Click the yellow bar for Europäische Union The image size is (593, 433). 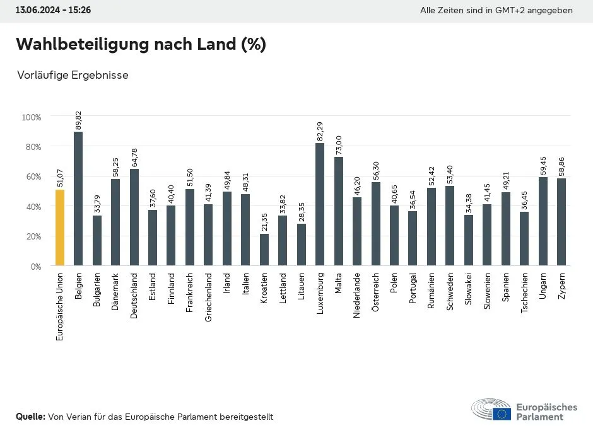click(60, 228)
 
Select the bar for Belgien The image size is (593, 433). click(78, 199)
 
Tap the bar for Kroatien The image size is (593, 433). click(264, 250)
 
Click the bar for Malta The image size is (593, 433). click(339, 211)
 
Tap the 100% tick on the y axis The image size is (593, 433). click(32, 117)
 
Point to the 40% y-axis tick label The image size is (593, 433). click(33, 207)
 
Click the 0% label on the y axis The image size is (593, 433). click(35, 267)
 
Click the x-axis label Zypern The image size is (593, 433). click(561, 287)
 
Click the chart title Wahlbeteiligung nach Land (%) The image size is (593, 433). click(141, 45)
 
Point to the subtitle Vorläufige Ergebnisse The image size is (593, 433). click(73, 75)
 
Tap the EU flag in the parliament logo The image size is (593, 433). click(502, 413)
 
